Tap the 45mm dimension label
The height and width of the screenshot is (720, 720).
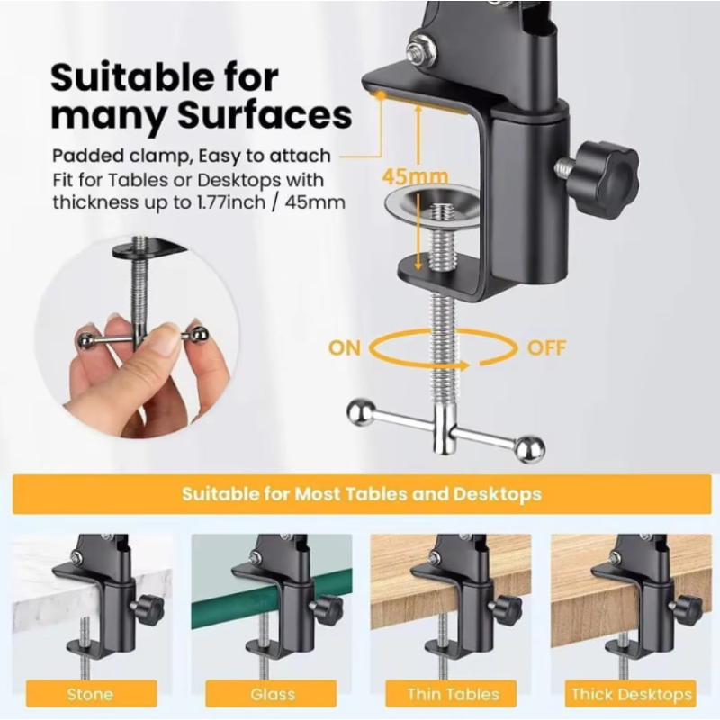click(415, 176)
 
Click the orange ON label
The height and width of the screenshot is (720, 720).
click(345, 348)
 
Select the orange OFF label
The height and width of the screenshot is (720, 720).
click(546, 348)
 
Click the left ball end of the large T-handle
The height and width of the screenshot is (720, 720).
click(362, 412)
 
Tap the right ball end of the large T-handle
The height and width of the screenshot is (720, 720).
click(530, 448)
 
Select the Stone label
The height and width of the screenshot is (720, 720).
click(91, 693)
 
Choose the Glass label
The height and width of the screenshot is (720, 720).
click(273, 693)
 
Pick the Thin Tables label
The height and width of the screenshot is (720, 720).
click(453, 693)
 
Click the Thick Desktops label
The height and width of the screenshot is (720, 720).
click(632, 694)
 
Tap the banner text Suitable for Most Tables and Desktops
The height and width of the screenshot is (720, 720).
click(362, 494)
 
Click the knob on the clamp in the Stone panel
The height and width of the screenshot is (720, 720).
click(149, 609)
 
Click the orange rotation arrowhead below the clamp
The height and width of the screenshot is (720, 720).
click(464, 365)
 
